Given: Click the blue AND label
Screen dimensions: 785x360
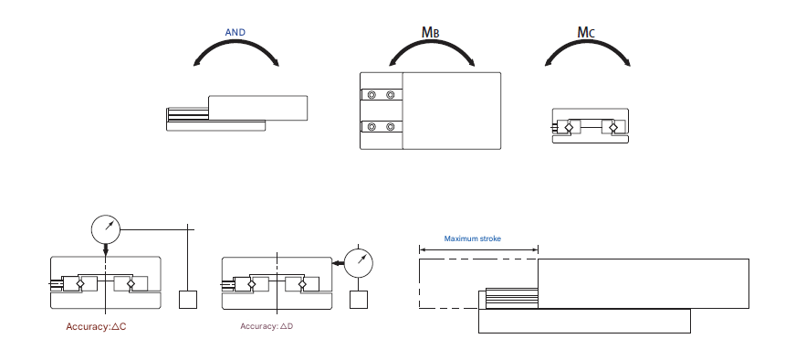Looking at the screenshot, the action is (x=235, y=33).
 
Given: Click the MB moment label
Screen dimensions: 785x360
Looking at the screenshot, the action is (x=431, y=33).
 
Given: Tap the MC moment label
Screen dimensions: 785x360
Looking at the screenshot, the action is (x=586, y=33).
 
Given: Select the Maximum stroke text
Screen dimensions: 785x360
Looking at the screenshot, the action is (x=472, y=238).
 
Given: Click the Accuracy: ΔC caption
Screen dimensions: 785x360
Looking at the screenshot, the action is (x=96, y=327).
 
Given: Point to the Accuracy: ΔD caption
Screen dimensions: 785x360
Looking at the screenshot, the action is (x=267, y=326).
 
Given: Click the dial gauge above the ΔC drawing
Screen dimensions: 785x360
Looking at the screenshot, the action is (x=106, y=229).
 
